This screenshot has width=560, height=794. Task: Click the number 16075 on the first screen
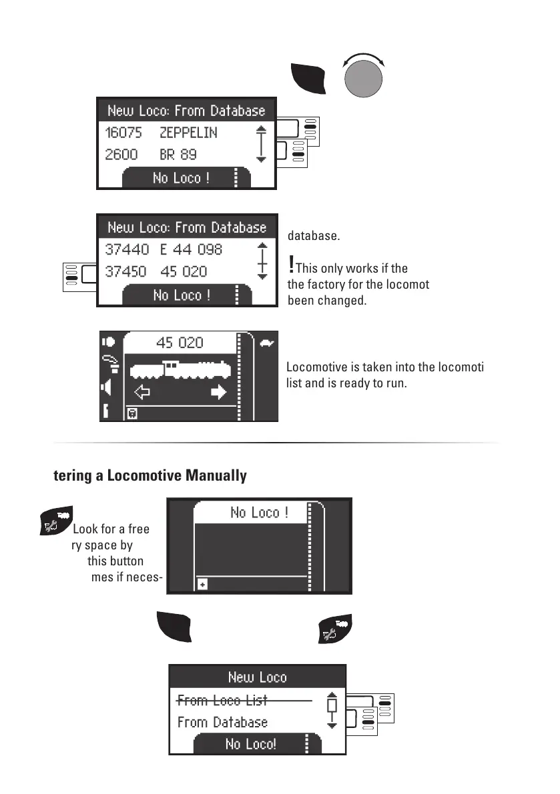[x=123, y=133]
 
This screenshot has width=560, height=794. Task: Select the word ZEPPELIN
[x=188, y=133]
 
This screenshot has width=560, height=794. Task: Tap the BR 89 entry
[x=178, y=155]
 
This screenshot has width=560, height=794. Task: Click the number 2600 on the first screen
[x=121, y=155]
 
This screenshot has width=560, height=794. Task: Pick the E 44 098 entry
[x=191, y=249]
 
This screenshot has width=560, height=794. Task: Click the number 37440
[x=127, y=249]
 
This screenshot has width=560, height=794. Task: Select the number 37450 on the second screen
[x=127, y=271]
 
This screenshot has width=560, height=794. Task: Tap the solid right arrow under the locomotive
[x=218, y=393]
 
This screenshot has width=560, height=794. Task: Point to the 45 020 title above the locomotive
[x=181, y=343]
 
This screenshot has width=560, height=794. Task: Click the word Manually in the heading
[x=214, y=476]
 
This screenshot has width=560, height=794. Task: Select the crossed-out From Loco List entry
[x=222, y=701]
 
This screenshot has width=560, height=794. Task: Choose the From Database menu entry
[x=222, y=723]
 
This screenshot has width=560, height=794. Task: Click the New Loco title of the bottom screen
[x=257, y=677]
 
